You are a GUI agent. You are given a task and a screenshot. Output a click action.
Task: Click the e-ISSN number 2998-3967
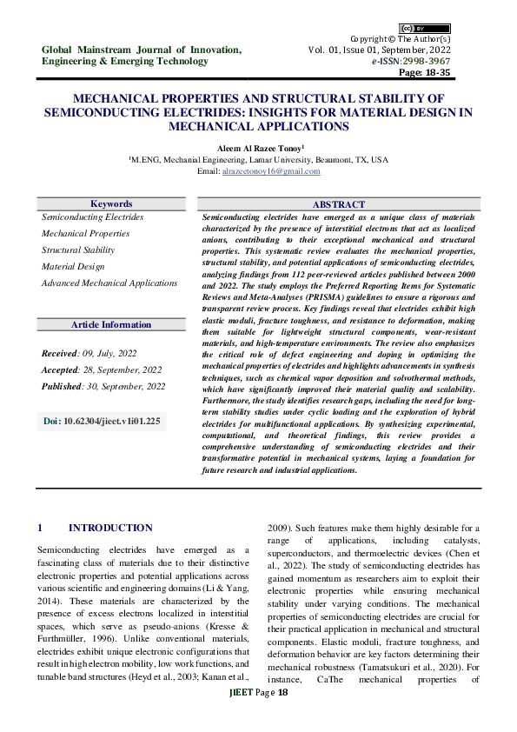[x=444, y=62]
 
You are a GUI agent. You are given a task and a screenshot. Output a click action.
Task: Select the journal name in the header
[x=142, y=56]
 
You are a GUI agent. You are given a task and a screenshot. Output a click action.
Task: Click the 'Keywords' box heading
[x=111, y=203]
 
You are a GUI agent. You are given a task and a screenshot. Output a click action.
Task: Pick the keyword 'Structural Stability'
[x=78, y=250]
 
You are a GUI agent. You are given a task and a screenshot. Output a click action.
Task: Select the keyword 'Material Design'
[x=73, y=266]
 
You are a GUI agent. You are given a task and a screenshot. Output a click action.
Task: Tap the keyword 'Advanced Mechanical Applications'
[x=109, y=283]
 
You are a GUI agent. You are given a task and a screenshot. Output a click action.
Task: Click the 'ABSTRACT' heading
[x=339, y=203]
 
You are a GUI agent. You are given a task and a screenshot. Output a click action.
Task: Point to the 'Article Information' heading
[x=111, y=324]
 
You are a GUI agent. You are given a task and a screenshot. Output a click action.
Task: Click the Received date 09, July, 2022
[x=89, y=354]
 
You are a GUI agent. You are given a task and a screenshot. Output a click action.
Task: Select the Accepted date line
[x=102, y=369]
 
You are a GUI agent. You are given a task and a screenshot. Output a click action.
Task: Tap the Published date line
[x=103, y=386]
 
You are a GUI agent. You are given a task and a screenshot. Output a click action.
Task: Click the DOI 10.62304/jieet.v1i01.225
[x=102, y=421]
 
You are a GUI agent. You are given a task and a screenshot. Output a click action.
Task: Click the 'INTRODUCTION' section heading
[x=110, y=528]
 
